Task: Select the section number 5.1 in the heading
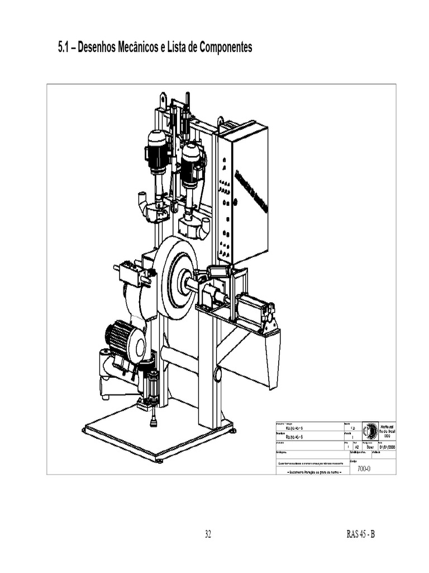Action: point(65,48)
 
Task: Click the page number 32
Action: point(208,534)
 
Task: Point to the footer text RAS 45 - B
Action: point(360,534)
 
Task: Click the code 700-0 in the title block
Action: point(364,469)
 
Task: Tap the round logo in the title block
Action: point(370,431)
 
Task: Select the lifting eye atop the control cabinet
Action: point(221,120)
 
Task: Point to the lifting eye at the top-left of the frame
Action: point(162,98)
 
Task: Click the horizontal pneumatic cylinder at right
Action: point(255,309)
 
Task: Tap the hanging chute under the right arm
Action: point(271,358)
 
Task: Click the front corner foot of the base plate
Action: point(159,460)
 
